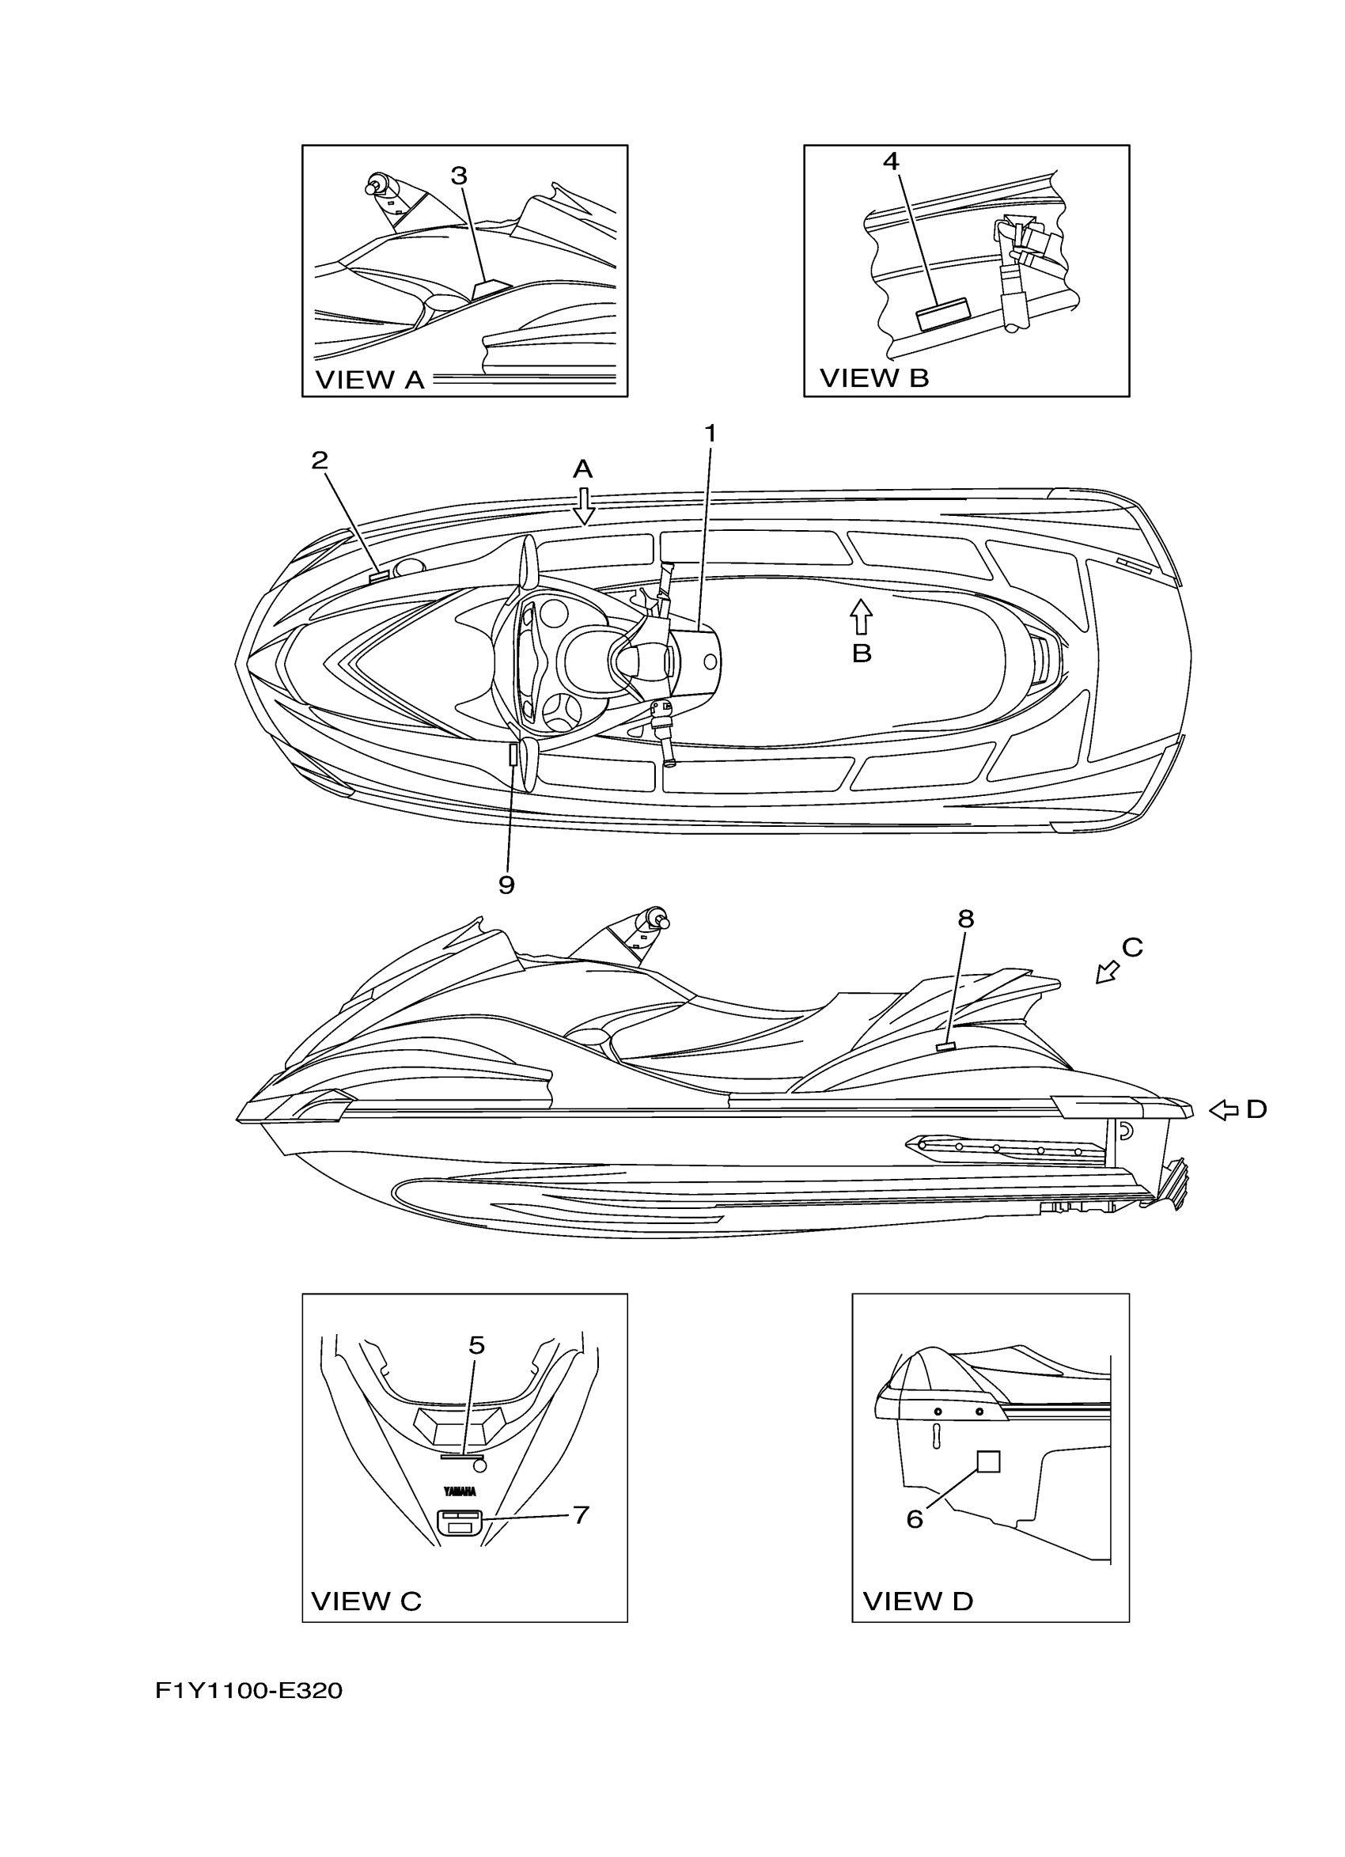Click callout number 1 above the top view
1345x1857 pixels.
tap(710, 433)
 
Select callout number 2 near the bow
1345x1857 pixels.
tap(320, 460)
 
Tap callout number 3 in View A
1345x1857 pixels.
tap(459, 175)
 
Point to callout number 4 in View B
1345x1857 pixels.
tap(891, 161)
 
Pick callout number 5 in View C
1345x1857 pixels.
tap(476, 1345)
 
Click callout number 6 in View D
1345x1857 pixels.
tap(915, 1519)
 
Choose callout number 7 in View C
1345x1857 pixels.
tap(581, 1514)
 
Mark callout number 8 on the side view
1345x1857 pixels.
tap(966, 919)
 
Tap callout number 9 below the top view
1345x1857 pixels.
tap(506, 885)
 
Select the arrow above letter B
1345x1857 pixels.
tap(860, 616)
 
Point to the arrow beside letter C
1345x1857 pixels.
tap(1108, 972)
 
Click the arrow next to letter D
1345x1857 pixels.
tap(1224, 1110)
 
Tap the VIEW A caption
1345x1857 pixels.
tap(370, 380)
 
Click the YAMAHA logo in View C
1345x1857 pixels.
tap(460, 1491)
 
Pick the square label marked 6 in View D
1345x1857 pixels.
tap(989, 1461)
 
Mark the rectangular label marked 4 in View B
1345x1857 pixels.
tap(942, 313)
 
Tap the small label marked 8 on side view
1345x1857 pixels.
tap(947, 1045)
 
